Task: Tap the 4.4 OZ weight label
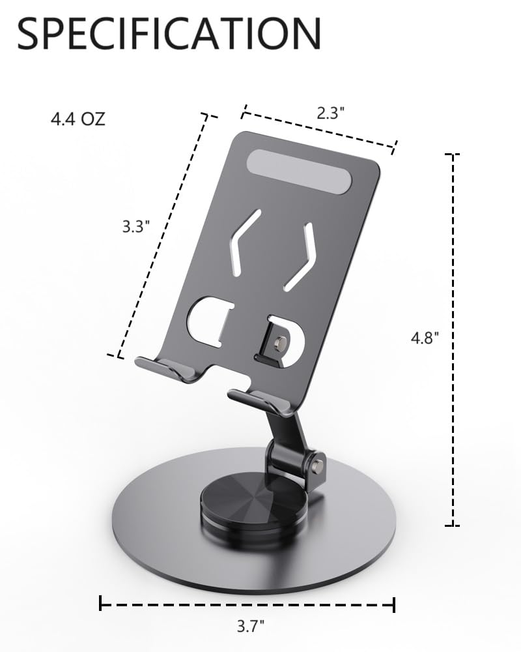tap(77, 120)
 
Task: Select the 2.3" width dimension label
tap(330, 112)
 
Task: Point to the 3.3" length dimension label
tap(136, 227)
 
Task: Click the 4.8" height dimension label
tap(425, 338)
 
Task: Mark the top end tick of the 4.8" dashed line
tap(452, 155)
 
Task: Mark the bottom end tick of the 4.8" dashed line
tap(452, 525)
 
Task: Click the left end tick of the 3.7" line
tap(101, 603)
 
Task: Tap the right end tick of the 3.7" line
tap(393, 605)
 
